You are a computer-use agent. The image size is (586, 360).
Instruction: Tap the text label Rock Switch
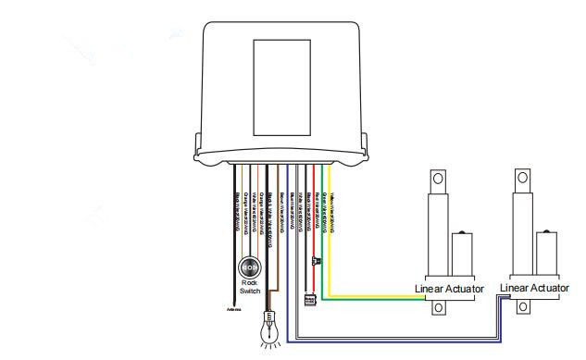(x=250, y=286)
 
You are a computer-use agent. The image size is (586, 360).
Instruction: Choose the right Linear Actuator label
(x=534, y=289)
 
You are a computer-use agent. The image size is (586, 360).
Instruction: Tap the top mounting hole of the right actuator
(x=523, y=178)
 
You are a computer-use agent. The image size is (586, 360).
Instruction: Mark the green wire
(x=322, y=231)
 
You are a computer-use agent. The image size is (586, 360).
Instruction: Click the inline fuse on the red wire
(x=316, y=262)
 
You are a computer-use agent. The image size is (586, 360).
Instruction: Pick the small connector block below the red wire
(x=309, y=299)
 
